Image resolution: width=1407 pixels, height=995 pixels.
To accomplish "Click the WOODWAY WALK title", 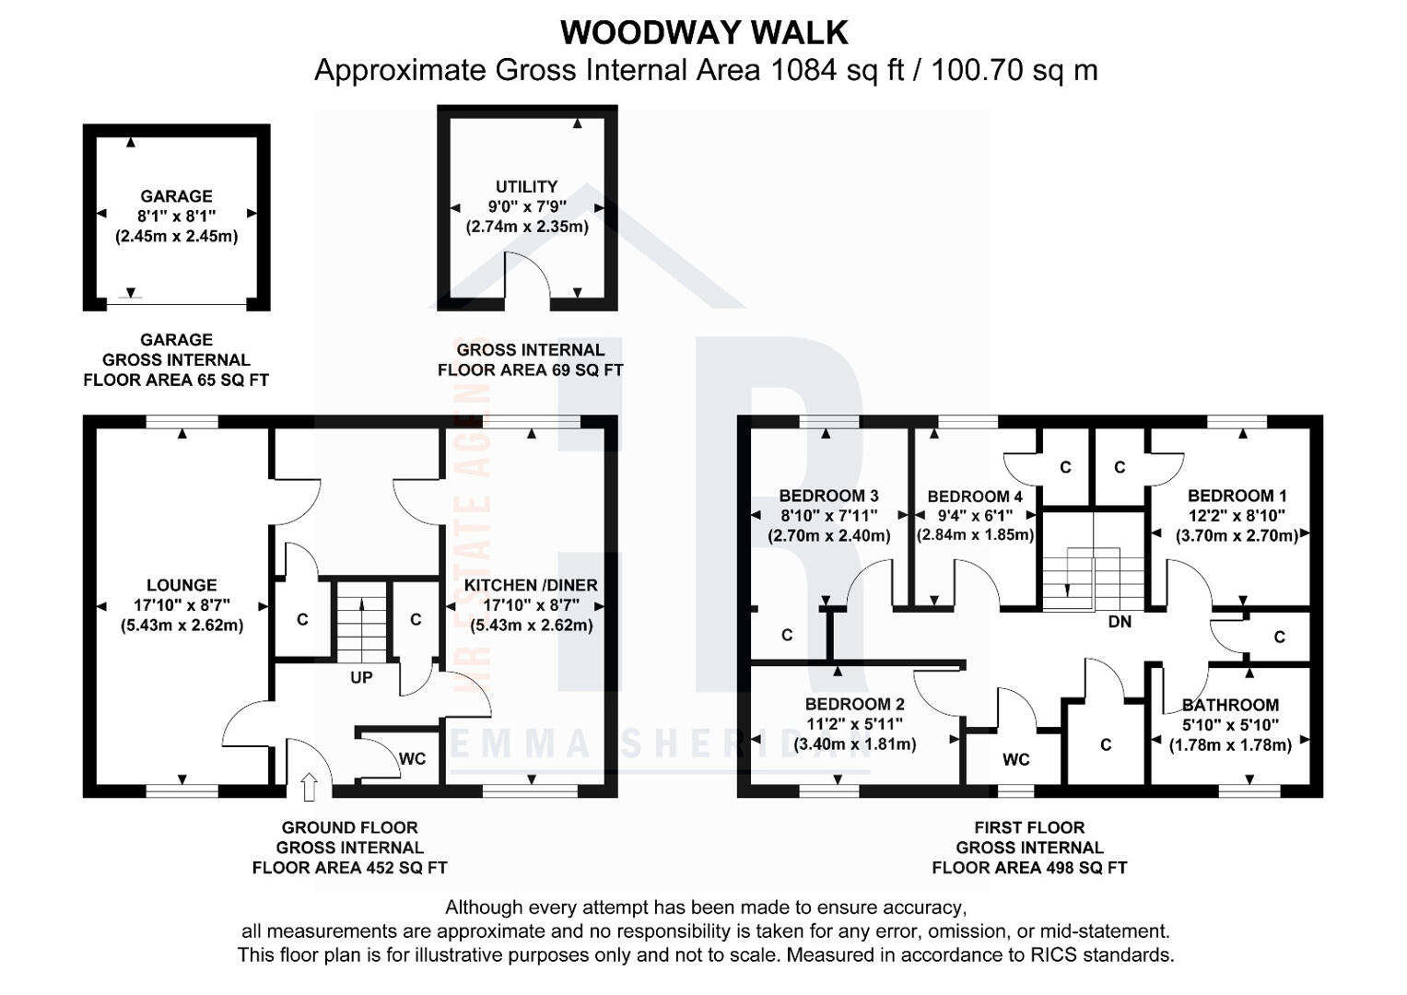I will [704, 32].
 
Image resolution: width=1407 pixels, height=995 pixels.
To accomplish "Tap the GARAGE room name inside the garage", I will [176, 196].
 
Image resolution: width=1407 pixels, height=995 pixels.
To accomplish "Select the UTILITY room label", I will [526, 186].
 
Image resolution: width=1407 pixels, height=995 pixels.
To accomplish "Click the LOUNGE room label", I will [182, 585].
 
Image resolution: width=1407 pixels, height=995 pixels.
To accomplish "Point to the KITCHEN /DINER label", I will [531, 585].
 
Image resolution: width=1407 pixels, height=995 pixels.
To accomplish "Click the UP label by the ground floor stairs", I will [361, 677].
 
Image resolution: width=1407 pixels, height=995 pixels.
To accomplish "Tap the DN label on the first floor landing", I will [1120, 622].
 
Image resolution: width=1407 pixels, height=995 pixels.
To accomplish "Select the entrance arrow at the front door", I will [310, 786].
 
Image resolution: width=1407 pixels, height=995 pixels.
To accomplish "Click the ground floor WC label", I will [412, 759].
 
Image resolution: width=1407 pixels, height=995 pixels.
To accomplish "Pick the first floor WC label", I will [1016, 760].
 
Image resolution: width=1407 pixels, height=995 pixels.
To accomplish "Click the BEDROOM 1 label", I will [1237, 496].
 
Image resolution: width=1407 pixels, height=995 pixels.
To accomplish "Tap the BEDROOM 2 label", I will [854, 705].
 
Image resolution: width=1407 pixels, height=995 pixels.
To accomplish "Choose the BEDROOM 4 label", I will [975, 497].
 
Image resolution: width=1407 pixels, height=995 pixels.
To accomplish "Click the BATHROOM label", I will [1230, 705].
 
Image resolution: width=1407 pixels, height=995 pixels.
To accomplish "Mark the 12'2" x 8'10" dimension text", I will [1237, 516].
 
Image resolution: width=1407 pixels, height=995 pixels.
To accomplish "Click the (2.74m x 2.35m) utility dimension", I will [527, 226].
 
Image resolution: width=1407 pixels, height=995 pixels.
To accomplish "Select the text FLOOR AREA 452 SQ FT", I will [349, 867].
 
